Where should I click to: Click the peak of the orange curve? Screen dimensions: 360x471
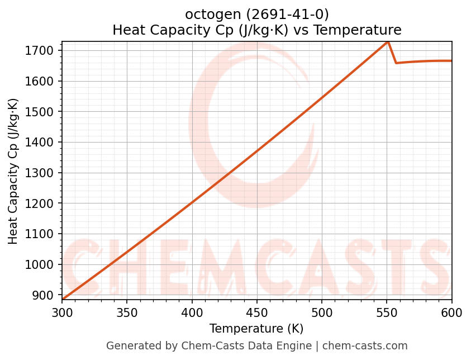388,42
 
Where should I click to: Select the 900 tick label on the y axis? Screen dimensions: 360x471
44,295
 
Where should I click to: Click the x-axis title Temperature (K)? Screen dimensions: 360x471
256,329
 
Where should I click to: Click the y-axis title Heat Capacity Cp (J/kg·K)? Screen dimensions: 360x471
13,171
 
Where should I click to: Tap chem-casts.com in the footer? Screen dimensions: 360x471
365,346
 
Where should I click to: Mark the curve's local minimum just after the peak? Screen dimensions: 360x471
396,63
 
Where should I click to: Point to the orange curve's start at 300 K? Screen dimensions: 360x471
63,300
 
